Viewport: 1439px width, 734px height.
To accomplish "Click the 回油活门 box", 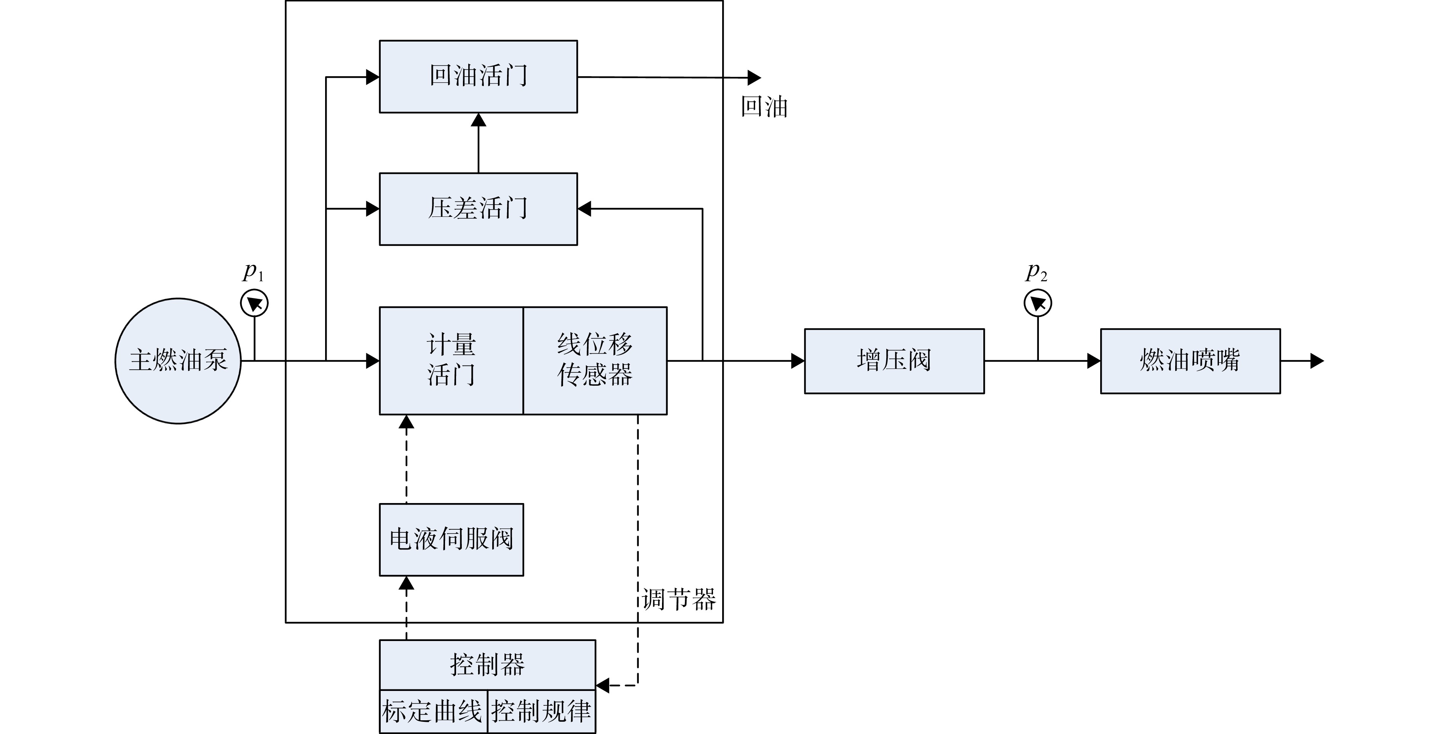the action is point(478,77).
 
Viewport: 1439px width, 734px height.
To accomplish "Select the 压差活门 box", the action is point(478,209).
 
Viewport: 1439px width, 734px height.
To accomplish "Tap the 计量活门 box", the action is point(451,361).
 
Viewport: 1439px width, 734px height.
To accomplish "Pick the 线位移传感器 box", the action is point(595,361).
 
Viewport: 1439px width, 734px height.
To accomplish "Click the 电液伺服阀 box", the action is point(451,540).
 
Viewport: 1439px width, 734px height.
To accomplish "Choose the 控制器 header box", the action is point(487,665).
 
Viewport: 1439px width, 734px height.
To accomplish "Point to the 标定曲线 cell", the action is point(434,711).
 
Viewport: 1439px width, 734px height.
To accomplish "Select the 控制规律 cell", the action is point(541,711).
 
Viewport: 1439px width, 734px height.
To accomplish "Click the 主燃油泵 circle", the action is point(178,361).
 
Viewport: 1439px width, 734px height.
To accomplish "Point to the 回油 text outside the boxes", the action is point(764,106).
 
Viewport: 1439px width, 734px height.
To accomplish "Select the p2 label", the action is point(1037,272).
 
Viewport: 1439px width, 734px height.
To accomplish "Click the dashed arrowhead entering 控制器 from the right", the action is point(603,685).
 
